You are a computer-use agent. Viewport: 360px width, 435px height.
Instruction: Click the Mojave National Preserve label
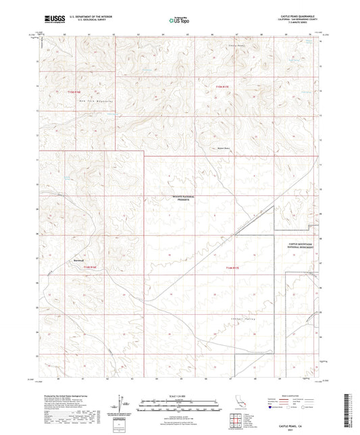point(180,200)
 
